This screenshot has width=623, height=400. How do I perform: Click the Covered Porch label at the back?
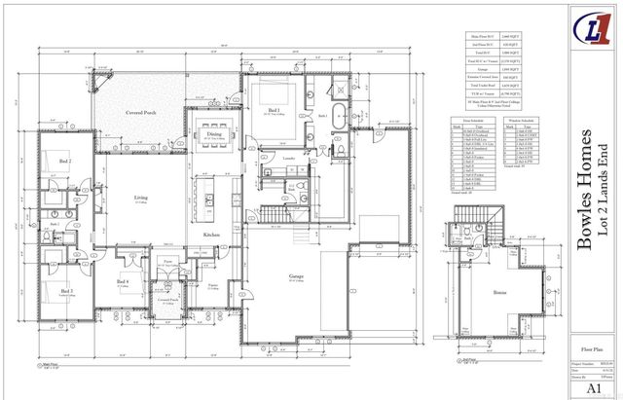point(144,113)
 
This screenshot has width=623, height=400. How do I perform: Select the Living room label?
point(141,198)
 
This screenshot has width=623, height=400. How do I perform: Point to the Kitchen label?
point(210,235)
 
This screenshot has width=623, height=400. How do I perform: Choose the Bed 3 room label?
point(66,290)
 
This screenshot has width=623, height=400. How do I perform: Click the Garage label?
point(295,275)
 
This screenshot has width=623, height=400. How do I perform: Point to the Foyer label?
point(167,262)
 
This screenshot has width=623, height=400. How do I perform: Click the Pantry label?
point(212,285)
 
